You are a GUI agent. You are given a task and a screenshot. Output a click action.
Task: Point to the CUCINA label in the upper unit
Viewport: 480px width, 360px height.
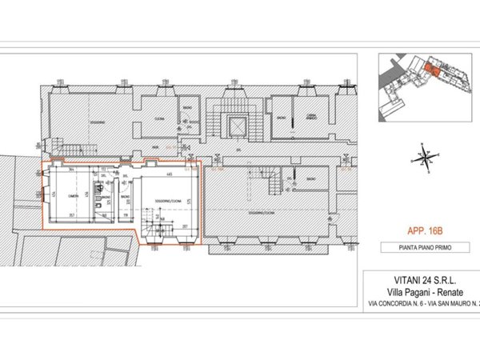click(159, 118)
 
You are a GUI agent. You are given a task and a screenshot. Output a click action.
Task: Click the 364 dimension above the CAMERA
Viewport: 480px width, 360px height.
click(71, 170)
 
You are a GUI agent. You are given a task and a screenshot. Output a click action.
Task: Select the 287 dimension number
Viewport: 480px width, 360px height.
click(184, 226)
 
